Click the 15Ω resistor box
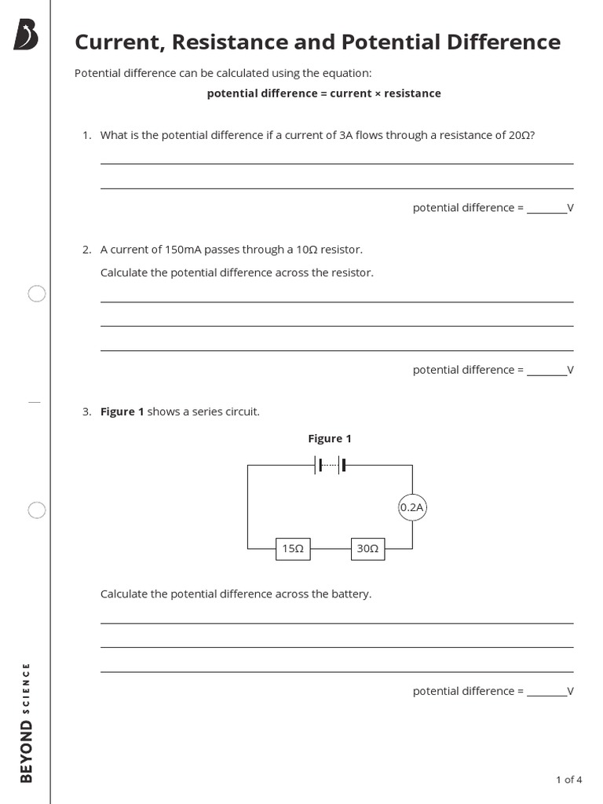coord(293,549)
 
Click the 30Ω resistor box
coord(367,549)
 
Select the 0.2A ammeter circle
coord(412,507)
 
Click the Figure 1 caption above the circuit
coord(330,439)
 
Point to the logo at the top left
coord(26,35)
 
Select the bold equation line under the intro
coord(323,93)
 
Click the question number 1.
coord(87,135)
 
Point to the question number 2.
coord(87,250)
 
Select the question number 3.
coord(87,411)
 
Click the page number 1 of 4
coord(568,780)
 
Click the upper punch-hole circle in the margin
coord(37,294)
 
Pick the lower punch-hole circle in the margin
coord(37,510)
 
